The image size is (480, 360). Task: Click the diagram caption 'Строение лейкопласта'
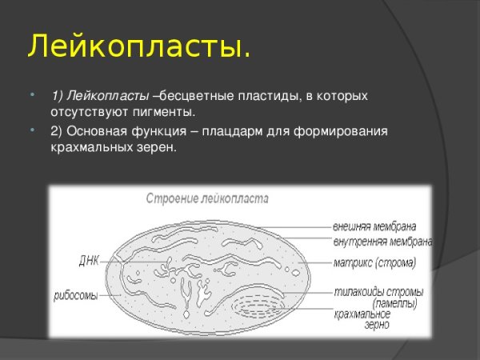click(207, 198)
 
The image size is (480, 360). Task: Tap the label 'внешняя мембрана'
click(374, 227)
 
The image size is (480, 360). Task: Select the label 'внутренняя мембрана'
click(382, 242)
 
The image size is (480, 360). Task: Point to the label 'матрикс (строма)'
click(374, 262)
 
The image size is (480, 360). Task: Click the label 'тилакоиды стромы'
click(378, 292)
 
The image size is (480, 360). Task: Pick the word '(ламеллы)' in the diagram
click(394, 303)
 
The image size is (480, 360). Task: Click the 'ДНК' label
click(89, 260)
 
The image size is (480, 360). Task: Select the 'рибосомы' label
click(76, 295)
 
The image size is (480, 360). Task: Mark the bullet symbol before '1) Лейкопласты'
click(31, 95)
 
